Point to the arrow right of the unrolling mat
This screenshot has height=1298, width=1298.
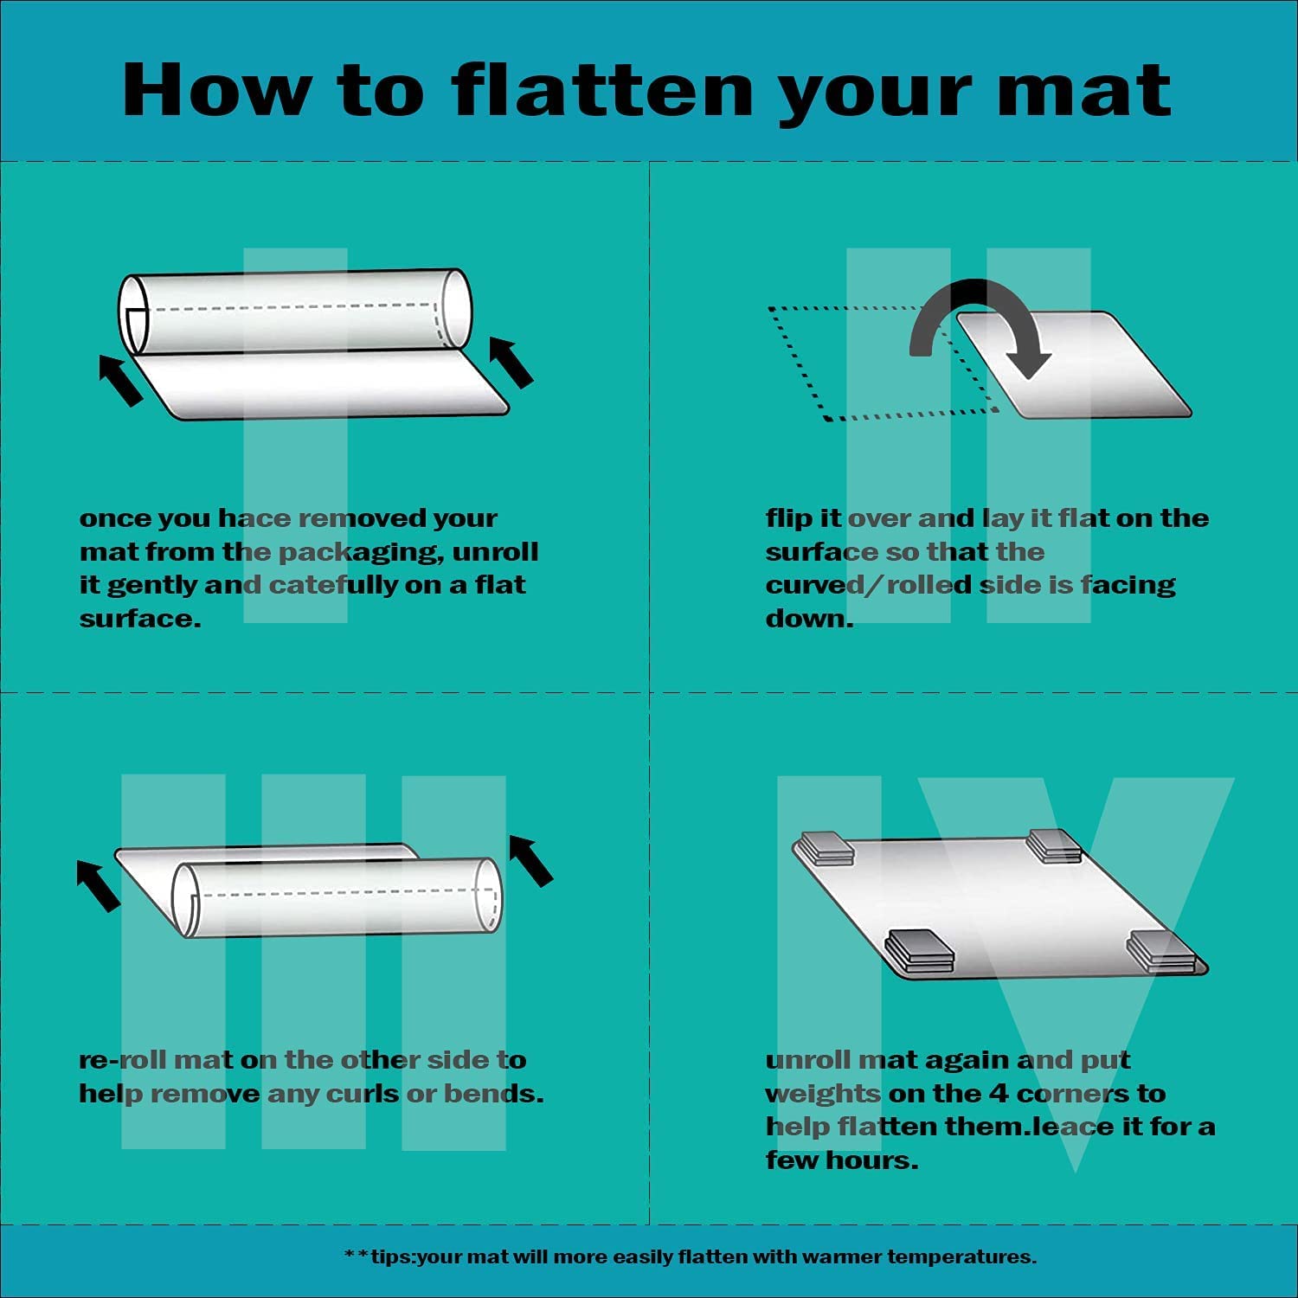(x=511, y=361)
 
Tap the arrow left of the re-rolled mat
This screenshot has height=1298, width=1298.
(x=99, y=885)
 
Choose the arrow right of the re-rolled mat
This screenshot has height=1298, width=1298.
(x=530, y=860)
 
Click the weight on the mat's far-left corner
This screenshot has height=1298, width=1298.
(x=827, y=848)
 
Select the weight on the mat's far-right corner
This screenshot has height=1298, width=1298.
(x=1055, y=845)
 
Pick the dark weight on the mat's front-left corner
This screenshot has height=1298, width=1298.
(x=920, y=951)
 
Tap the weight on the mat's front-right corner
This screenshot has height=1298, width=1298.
(x=1163, y=952)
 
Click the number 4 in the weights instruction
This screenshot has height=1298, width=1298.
(x=998, y=1094)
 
